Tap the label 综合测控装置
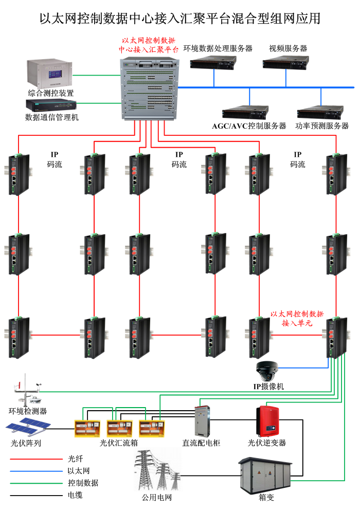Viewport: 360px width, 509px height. [x=51, y=93]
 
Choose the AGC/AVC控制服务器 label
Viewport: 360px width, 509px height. [x=249, y=126]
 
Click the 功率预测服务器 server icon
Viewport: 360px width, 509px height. [x=319, y=112]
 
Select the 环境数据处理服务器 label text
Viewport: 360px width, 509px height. [x=218, y=48]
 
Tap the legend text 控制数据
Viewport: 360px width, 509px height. [x=83, y=483]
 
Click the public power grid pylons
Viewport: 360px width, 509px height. [x=157, y=471]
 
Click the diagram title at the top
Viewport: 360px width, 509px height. [x=180, y=19]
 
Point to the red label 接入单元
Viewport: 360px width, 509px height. [x=297, y=323]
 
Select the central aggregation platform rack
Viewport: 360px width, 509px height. [x=149, y=89]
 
